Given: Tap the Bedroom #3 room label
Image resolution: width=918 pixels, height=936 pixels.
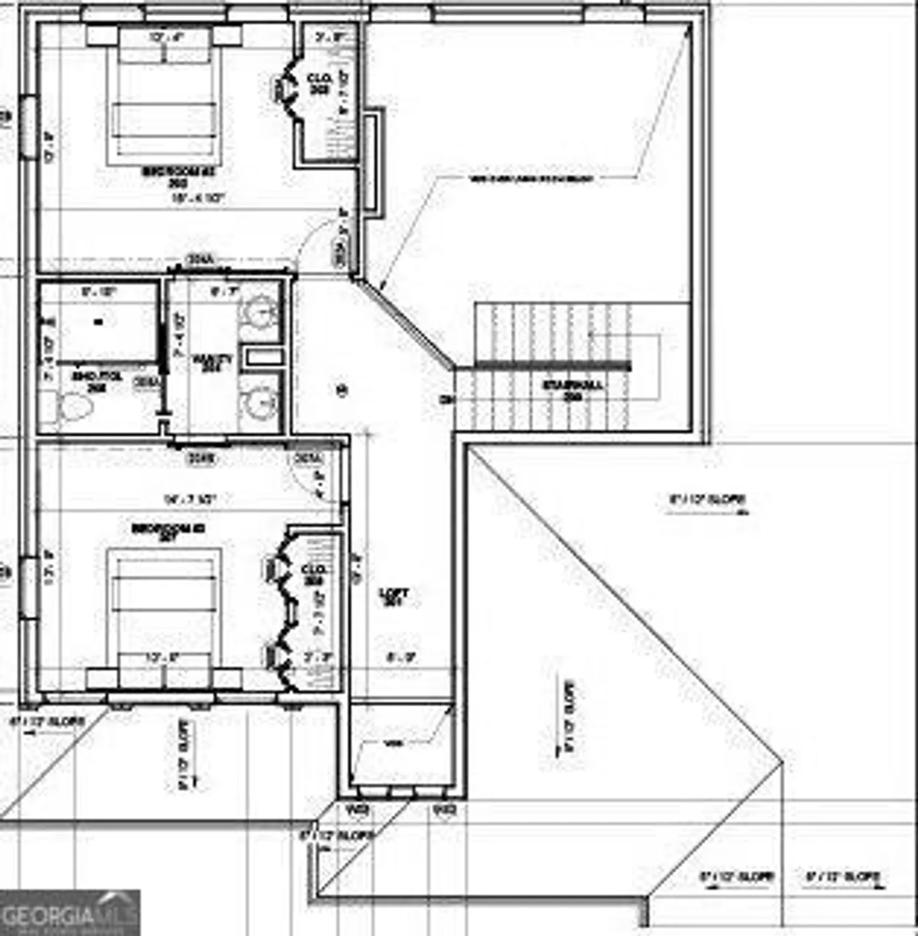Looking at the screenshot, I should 168,530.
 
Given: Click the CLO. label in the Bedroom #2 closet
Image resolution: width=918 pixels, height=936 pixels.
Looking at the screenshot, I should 319,84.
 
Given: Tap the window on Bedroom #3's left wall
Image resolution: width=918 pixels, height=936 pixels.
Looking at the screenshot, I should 27,587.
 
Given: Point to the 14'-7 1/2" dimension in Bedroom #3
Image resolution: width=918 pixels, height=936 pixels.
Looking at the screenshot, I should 190,500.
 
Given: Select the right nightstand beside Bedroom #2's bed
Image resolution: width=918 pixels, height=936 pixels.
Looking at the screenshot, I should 227,36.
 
